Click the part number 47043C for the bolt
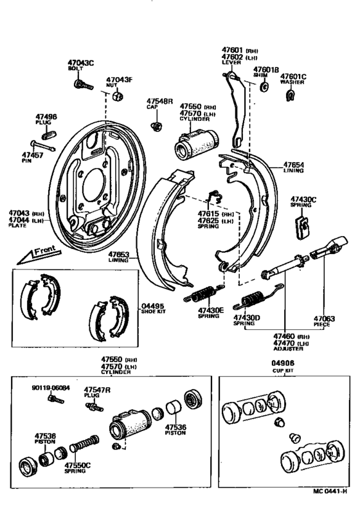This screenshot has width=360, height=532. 81,62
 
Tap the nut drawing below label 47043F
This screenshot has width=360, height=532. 118,96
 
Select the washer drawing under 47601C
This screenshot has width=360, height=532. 289,97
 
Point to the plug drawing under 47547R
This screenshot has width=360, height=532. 96,407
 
